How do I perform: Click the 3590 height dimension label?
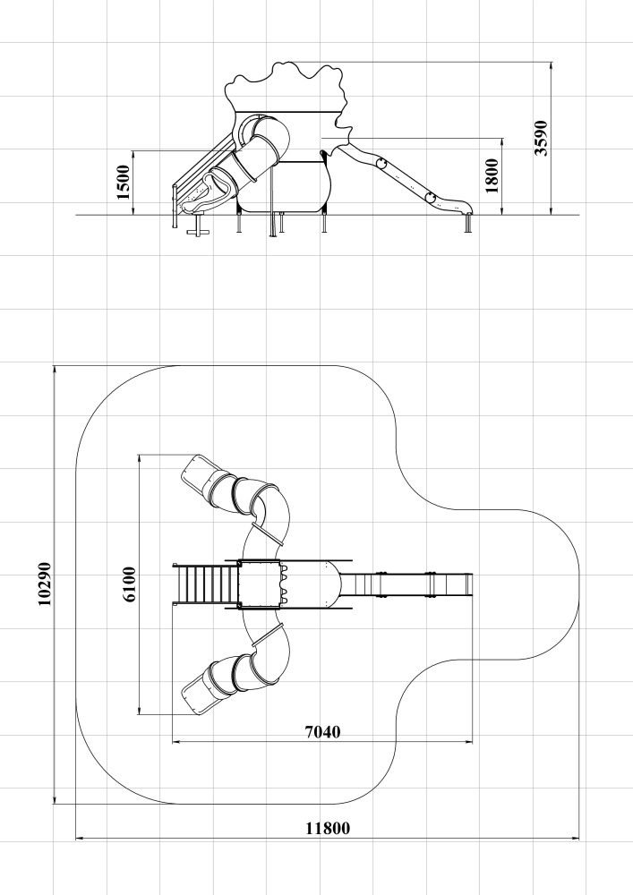pos(541,138)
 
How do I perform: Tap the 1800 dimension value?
pos(492,175)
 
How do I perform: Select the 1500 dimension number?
pos(123,182)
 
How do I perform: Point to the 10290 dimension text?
pos(45,584)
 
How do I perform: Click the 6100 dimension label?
pos(129,584)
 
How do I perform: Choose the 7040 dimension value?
pos(322,732)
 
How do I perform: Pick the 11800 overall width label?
pos(328,828)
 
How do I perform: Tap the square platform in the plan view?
pos(260,584)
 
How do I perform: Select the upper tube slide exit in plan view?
pos(196,472)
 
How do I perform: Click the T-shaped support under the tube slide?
pos(199,225)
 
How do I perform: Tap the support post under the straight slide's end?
pos(469,224)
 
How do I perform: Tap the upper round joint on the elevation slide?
pos(381,165)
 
